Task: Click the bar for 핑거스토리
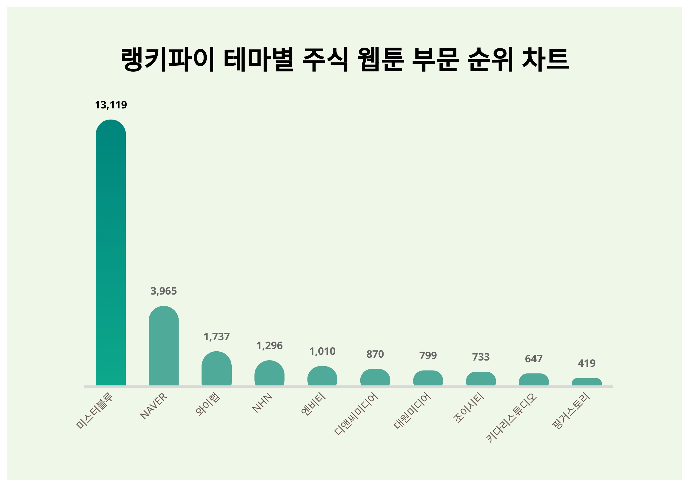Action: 587,382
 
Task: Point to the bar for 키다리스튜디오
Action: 534,380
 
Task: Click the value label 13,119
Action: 111,105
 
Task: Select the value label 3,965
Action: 164,291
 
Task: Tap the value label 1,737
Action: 216,336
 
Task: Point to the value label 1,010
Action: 322,351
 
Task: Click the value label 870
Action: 375,354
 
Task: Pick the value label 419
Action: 587,363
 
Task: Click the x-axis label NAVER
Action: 154,406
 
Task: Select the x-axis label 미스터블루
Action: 94,410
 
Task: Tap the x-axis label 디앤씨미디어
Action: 356,414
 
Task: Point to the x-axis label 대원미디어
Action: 412,410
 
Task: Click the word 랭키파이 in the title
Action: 167,59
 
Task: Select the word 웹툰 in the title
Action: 380,59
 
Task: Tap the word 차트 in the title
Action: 545,59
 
